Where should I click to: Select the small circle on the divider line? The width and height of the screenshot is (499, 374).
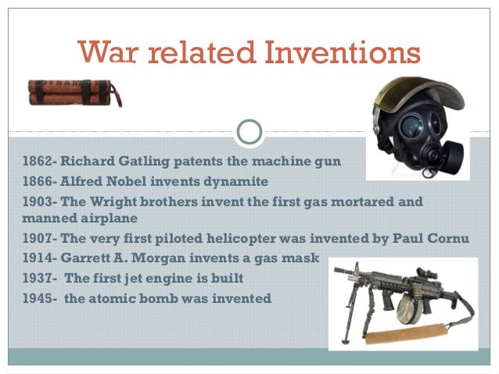pos(249,132)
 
